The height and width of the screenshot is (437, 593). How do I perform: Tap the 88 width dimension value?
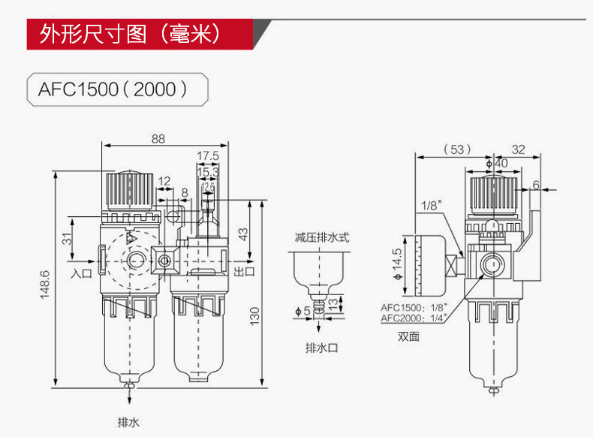(158, 138)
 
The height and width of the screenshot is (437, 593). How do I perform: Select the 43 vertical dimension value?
(242, 233)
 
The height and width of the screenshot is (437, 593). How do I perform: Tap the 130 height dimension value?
(255, 311)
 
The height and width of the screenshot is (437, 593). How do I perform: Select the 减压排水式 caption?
(322, 237)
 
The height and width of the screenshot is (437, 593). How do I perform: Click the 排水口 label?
(322, 348)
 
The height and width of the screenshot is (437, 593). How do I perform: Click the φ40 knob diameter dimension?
(497, 162)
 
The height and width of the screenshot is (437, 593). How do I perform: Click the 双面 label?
(408, 336)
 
